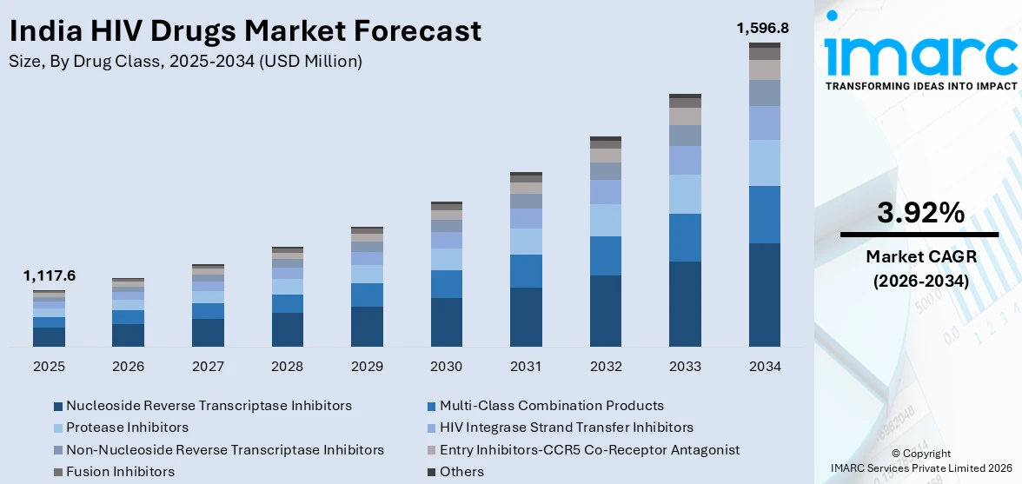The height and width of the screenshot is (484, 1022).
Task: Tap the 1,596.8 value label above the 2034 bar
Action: [x=762, y=28]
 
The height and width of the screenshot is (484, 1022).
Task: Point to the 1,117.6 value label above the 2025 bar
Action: [x=50, y=275]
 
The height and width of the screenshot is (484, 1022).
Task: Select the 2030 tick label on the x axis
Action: [x=447, y=367]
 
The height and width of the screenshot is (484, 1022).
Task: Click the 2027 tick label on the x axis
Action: [x=209, y=367]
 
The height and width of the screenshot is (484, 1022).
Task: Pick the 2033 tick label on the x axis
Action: [x=685, y=367]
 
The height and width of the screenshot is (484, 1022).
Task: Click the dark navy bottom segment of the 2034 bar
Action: [x=764, y=295]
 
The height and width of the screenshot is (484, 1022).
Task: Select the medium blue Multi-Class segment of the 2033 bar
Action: [x=685, y=237]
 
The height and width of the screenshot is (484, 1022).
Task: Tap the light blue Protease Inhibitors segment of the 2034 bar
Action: [x=764, y=162]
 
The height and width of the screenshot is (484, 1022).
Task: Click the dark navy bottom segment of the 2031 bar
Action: [x=526, y=317]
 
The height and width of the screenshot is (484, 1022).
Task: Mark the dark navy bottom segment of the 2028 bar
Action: [x=288, y=330]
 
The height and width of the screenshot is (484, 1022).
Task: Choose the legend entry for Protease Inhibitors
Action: [x=127, y=428]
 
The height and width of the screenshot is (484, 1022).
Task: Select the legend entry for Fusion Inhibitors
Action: [x=120, y=472]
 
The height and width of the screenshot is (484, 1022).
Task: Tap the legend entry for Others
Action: [x=461, y=472]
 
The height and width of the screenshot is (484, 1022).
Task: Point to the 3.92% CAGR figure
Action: [x=919, y=213]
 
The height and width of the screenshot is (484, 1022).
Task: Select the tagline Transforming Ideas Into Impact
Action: [x=920, y=86]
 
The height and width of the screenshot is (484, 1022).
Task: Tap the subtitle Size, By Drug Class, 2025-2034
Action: [x=186, y=61]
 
